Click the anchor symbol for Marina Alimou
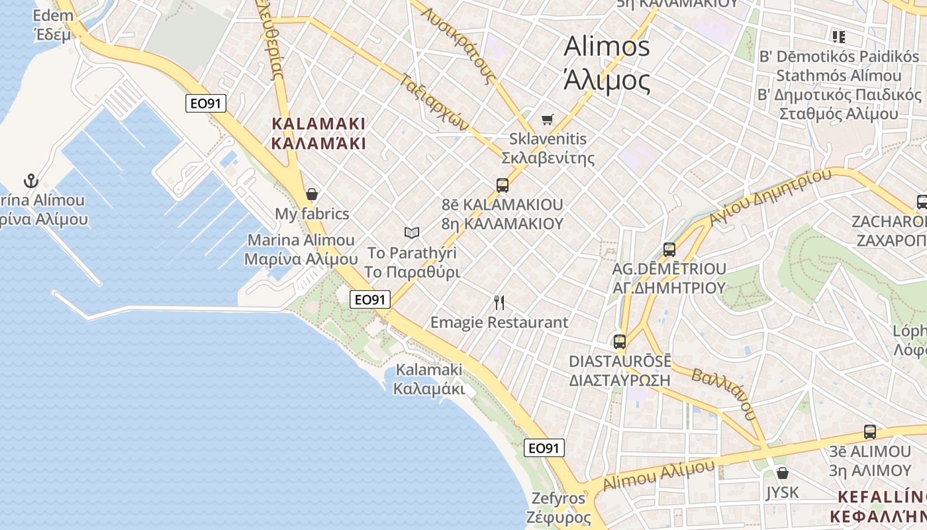pyautogui.click(x=30, y=181)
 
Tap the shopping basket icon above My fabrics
pyautogui.click(x=312, y=194)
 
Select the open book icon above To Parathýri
pyautogui.click(x=412, y=233)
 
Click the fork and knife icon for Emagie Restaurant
pyautogui.click(x=499, y=303)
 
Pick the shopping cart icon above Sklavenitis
pyautogui.click(x=547, y=119)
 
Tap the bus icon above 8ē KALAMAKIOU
pyautogui.click(x=503, y=185)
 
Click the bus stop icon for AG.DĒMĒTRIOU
pyautogui.click(x=669, y=250)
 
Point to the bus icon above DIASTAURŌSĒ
pyautogui.click(x=620, y=342)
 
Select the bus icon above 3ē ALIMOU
pyautogui.click(x=870, y=432)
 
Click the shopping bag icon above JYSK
pyautogui.click(x=783, y=473)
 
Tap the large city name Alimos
pyautogui.click(x=607, y=47)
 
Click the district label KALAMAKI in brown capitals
pyautogui.click(x=318, y=124)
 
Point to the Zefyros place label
pyautogui.click(x=558, y=498)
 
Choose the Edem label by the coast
pyautogui.click(x=52, y=15)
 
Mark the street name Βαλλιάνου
pyautogui.click(x=723, y=394)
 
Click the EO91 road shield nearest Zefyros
pyautogui.click(x=544, y=449)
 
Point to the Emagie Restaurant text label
pyautogui.click(x=499, y=323)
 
